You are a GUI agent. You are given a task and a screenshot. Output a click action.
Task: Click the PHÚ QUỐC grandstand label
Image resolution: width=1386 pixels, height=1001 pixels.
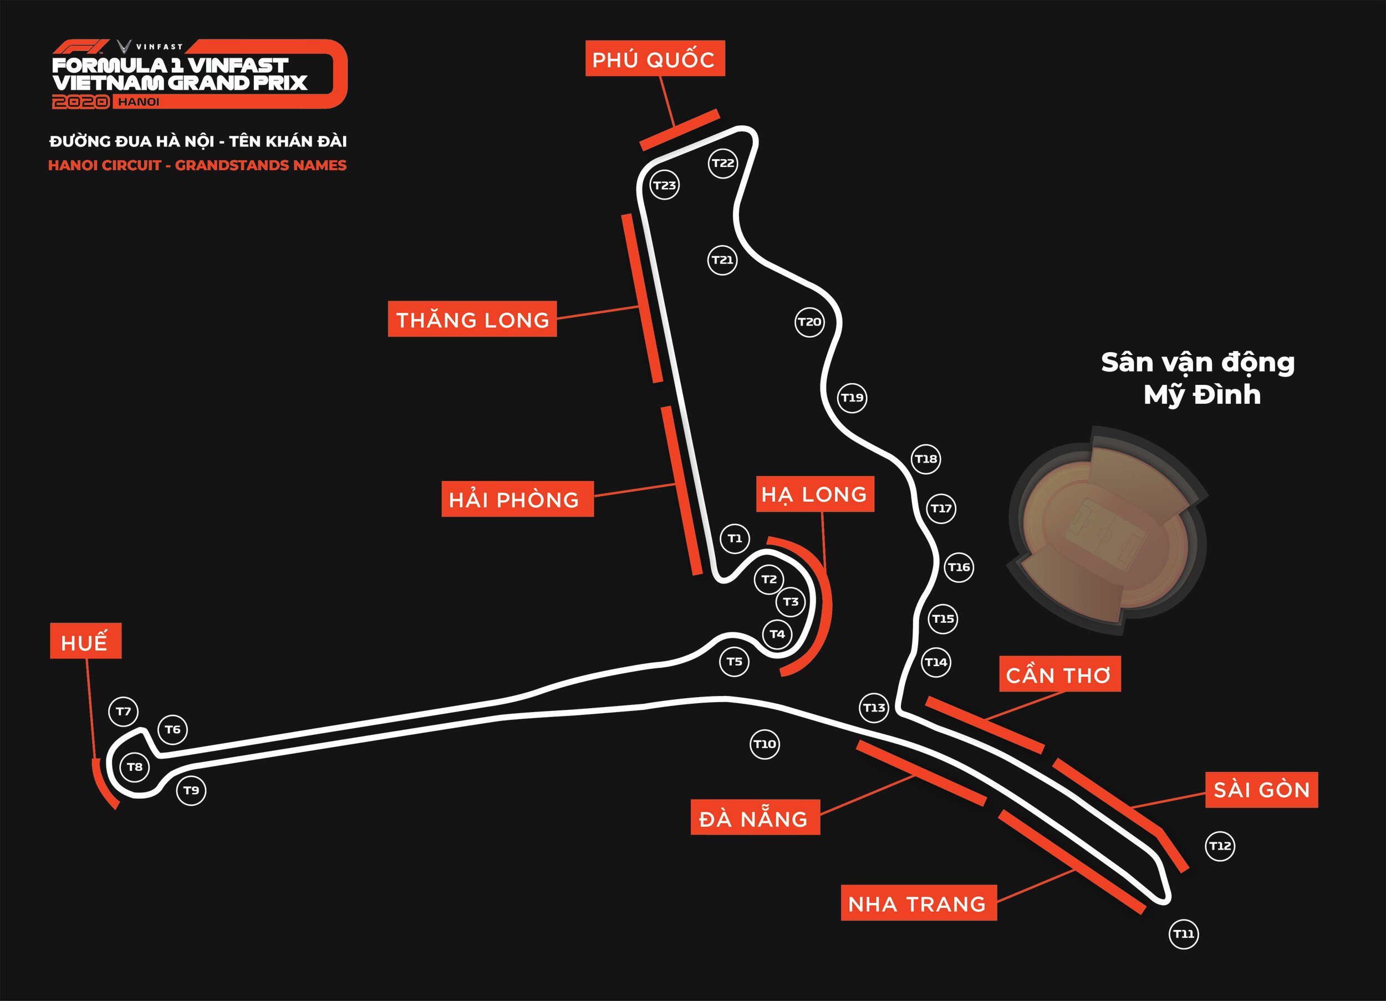[x=655, y=58]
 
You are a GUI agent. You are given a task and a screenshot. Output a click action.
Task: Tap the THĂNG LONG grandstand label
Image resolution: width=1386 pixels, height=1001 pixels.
[x=472, y=318]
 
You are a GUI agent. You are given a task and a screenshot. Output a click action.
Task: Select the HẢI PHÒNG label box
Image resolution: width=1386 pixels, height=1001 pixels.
[x=518, y=499]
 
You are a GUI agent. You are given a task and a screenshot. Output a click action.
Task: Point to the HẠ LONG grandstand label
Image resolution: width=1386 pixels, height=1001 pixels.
[x=815, y=494]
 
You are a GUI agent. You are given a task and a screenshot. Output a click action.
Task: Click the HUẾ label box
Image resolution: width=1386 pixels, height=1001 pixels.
[x=85, y=641]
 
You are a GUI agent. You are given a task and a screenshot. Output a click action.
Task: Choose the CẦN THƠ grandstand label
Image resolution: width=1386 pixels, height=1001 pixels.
[x=1060, y=674]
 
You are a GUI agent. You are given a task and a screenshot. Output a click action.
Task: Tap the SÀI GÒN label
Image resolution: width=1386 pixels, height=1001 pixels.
[x=1262, y=790]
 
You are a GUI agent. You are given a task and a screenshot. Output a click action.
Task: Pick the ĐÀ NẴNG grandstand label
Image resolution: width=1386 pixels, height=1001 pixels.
[x=755, y=817]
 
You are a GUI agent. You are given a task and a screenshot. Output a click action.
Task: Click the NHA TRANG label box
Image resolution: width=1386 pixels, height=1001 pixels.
[x=919, y=902]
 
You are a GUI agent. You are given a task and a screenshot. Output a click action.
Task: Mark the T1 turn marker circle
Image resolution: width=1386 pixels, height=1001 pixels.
[x=735, y=538]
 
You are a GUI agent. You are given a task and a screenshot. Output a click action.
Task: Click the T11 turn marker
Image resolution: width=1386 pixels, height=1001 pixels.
[x=1184, y=934]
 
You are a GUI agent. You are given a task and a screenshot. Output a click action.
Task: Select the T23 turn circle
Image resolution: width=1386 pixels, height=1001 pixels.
[x=664, y=185]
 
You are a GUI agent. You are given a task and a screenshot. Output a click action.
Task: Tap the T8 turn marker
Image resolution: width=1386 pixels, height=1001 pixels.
[x=135, y=767]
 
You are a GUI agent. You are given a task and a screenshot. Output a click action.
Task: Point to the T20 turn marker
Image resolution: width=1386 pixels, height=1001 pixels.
[x=810, y=322]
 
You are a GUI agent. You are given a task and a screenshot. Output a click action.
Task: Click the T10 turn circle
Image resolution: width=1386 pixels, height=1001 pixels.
[x=765, y=744]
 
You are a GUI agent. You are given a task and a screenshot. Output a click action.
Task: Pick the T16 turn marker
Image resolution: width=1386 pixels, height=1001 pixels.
[x=958, y=567]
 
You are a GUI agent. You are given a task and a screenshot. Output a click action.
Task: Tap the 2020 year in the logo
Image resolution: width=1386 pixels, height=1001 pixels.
[x=81, y=102]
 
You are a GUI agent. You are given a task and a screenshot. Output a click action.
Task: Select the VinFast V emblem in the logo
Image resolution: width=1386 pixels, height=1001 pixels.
[x=124, y=47]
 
